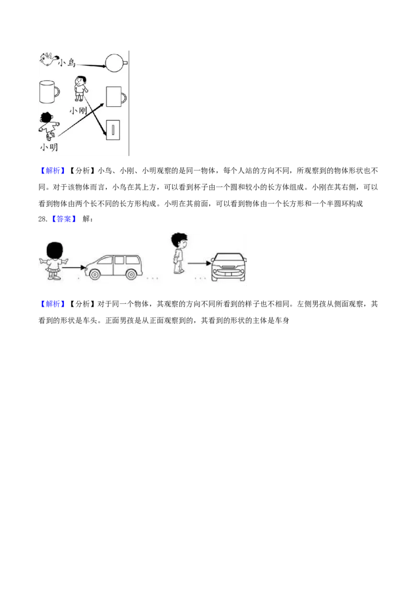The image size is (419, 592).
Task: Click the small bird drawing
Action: (48, 60)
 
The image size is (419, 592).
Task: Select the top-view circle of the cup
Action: (114, 63)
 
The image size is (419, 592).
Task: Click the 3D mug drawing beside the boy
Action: (49, 92)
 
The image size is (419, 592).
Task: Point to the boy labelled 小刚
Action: (80, 89)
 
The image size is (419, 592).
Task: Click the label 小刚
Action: (78, 110)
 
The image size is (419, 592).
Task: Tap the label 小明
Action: (49, 147)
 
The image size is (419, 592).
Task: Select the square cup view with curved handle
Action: (116, 97)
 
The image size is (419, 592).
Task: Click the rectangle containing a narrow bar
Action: (113, 130)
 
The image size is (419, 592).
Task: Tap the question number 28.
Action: (43, 219)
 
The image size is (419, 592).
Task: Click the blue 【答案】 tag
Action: (63, 219)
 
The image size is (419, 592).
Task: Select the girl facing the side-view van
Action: (53, 260)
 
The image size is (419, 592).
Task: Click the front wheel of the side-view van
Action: (94, 274)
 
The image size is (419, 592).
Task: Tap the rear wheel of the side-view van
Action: (131, 274)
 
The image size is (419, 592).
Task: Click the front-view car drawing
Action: (228, 267)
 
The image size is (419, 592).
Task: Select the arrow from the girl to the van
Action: (74, 268)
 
